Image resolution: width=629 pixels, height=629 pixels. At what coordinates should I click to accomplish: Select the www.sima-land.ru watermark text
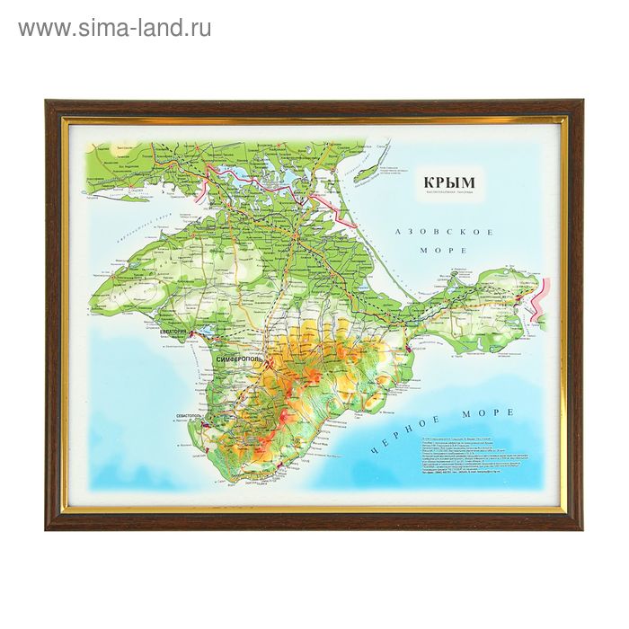114,28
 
